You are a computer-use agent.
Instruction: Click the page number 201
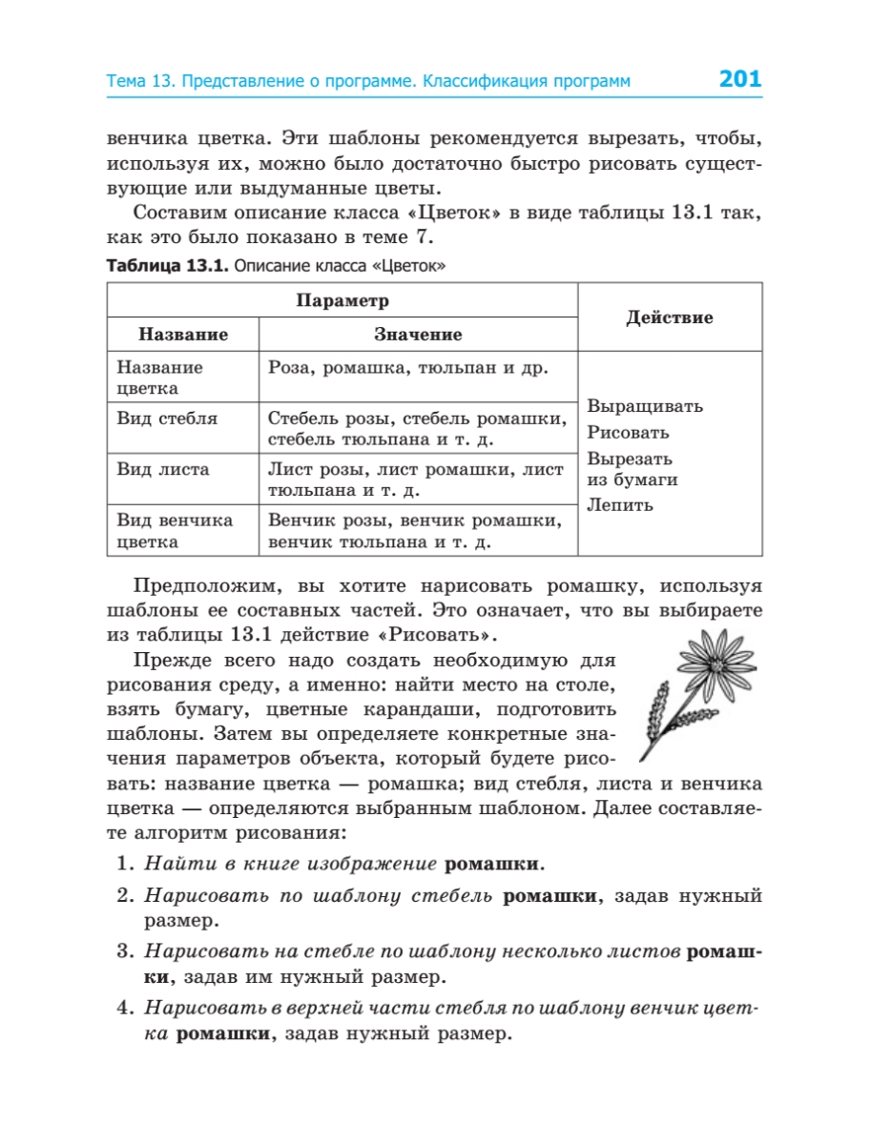point(739,80)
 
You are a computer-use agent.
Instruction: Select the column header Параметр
point(342,301)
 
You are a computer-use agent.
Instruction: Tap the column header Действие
point(669,317)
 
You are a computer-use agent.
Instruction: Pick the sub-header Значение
point(417,335)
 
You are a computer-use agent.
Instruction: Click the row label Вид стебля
point(167,419)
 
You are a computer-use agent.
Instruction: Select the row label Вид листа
point(163,470)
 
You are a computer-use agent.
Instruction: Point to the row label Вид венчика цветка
point(175,531)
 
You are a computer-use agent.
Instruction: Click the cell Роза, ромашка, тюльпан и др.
point(408,367)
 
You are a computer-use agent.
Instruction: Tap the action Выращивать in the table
point(645,406)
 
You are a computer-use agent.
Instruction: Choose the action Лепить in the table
point(620,505)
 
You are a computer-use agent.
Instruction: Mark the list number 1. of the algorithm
point(123,865)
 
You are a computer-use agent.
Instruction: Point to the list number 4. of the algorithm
point(123,1008)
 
